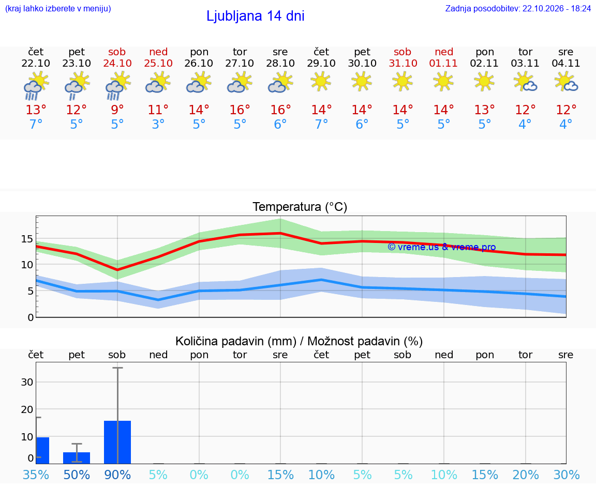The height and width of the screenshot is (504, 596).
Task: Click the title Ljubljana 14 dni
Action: (255, 16)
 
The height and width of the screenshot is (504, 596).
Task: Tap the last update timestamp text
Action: (518, 8)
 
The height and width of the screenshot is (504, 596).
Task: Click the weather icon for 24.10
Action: (118, 86)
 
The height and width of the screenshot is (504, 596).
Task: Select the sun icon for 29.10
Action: (321, 82)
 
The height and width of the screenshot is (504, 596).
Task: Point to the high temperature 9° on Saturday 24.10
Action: (117, 110)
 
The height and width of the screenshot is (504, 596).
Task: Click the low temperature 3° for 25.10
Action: (158, 124)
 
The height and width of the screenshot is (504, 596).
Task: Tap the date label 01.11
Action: (443, 63)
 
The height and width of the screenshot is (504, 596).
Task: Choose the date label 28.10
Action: (280, 63)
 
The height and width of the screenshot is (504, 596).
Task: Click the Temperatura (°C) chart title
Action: (300, 207)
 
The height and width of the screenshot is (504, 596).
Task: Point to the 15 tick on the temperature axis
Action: (27, 239)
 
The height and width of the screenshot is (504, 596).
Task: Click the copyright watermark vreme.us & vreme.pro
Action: (442, 247)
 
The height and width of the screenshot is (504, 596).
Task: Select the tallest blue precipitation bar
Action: (117, 442)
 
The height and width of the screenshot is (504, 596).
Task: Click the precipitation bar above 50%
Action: (77, 457)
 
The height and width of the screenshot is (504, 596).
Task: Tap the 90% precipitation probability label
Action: (117, 475)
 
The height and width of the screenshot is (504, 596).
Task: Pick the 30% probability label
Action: (567, 475)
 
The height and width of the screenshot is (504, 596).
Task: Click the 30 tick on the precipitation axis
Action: (27, 382)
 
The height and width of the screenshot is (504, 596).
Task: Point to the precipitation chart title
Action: (299, 341)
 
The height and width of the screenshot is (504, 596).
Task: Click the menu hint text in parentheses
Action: (58, 8)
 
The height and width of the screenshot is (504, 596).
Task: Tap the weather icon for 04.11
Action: (566, 82)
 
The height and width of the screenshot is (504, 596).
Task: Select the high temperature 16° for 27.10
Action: (240, 110)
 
